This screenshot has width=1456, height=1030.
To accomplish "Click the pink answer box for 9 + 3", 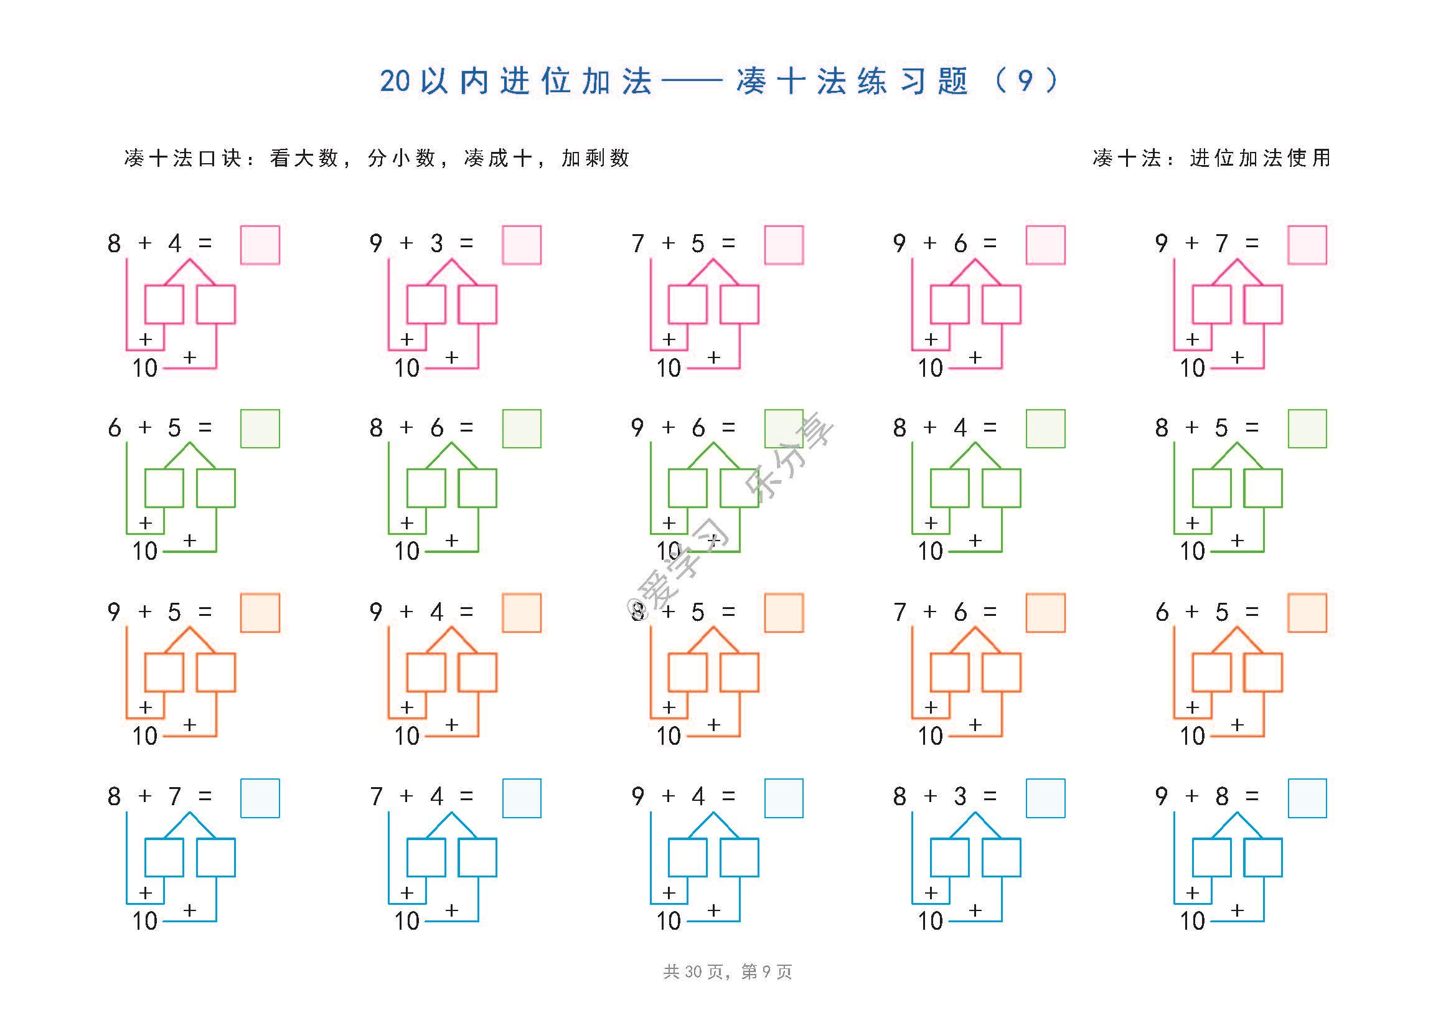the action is click(x=521, y=245).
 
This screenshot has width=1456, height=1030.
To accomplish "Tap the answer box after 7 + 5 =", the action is click(x=784, y=245).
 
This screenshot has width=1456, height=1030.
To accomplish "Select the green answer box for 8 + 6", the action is click(x=521, y=428).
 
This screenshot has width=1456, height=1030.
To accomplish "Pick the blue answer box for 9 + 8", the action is click(x=1307, y=798).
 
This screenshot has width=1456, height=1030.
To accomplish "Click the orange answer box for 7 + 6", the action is click(x=1045, y=613).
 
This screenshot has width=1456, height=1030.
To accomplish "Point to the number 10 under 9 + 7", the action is click(x=1192, y=368).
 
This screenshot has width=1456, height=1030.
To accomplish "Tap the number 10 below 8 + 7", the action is click(x=144, y=921).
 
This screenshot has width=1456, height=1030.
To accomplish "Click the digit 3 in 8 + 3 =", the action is click(x=960, y=796).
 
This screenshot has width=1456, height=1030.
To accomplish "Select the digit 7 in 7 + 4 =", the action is click(x=376, y=796).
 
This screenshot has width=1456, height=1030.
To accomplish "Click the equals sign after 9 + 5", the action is click(x=205, y=612).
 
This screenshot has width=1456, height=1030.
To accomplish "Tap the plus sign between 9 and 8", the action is click(x=1191, y=796).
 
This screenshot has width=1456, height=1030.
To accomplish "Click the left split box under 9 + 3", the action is click(x=426, y=305).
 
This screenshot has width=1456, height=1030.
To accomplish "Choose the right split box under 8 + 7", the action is click(x=215, y=858).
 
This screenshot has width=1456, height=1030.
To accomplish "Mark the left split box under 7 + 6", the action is click(x=949, y=673).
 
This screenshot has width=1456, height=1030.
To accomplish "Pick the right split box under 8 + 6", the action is click(x=477, y=488).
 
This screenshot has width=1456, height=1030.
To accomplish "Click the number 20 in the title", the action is click(x=395, y=81).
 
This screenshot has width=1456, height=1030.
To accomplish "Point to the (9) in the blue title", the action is click(x=1025, y=80).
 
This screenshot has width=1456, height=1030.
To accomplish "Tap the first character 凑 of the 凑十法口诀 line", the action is click(x=134, y=158).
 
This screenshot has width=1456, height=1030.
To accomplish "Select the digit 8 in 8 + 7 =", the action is click(x=114, y=796).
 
